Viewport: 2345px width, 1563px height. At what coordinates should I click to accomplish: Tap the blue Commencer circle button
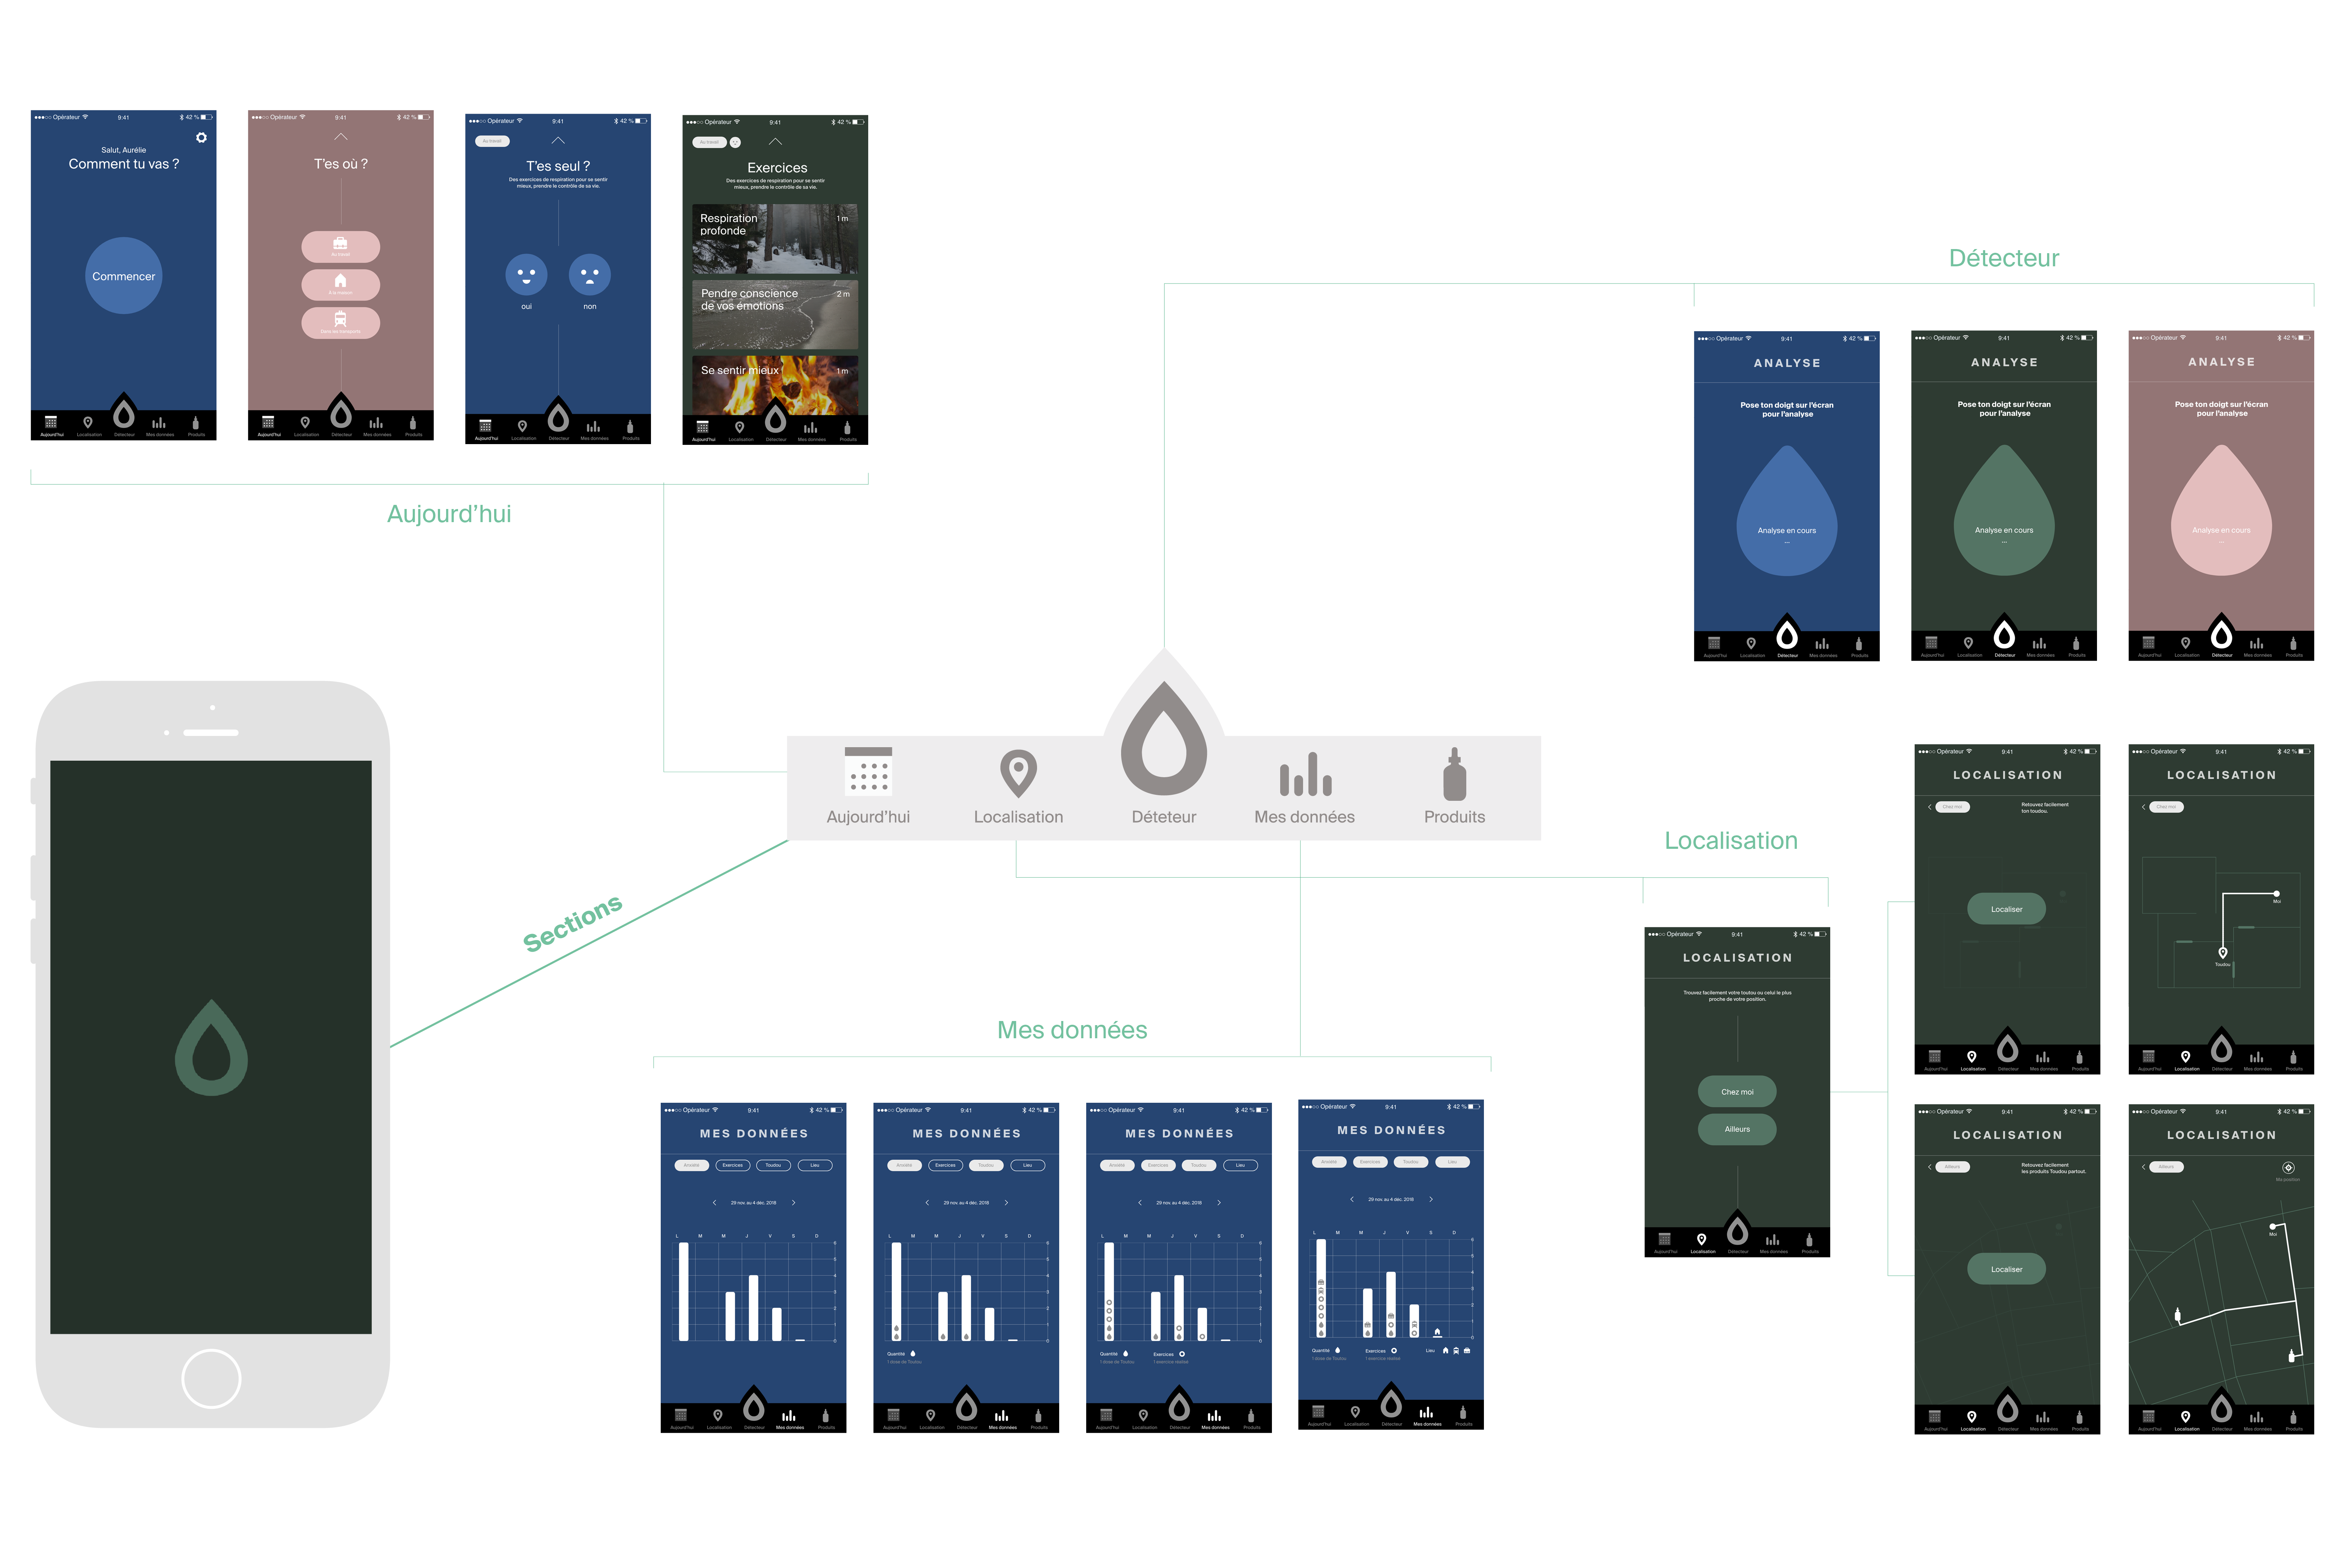click(124, 276)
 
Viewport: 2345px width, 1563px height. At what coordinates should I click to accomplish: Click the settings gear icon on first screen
click(201, 138)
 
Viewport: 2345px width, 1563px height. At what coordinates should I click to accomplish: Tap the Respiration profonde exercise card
click(775, 239)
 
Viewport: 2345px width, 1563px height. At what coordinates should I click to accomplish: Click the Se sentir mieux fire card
click(775, 384)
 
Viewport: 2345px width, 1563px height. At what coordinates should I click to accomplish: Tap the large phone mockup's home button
click(211, 1378)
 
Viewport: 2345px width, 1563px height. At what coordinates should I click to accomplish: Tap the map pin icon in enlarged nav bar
click(1018, 773)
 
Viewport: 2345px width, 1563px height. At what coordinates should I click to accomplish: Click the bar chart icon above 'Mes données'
click(1305, 775)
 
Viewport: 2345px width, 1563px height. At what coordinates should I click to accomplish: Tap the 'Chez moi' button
click(1737, 1092)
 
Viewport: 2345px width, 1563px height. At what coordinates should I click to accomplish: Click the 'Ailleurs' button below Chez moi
click(1737, 1129)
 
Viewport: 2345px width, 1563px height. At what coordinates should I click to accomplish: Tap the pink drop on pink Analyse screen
click(2221, 513)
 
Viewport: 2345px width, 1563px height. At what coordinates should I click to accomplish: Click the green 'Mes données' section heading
click(1072, 1030)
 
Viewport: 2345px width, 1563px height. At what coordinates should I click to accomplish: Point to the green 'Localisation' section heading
click(1731, 840)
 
